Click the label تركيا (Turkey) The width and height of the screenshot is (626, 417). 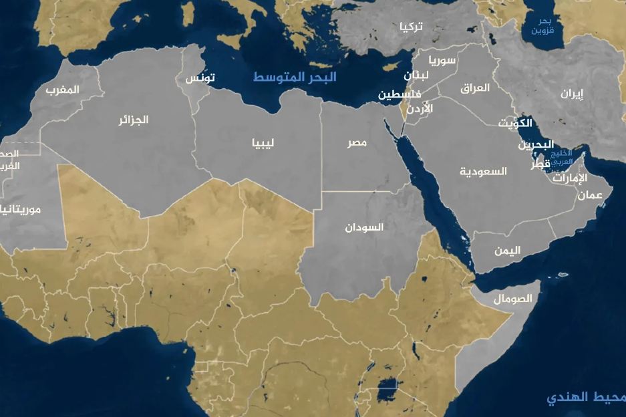coord(411,27)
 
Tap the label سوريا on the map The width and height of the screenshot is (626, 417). coord(442,61)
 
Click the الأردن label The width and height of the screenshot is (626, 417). coord(419,108)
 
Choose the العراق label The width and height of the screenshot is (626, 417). coord(475,88)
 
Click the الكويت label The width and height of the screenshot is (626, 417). coord(516,123)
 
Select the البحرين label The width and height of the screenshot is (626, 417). coord(536,144)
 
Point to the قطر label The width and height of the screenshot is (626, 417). coord(540,164)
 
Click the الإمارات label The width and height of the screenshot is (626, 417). coord(570,178)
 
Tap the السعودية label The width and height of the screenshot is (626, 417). coord(483,172)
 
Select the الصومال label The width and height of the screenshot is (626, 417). coord(513,299)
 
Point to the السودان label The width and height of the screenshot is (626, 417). coord(364,227)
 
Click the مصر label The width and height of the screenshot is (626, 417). coord(356,144)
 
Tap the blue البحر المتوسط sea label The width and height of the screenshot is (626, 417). coord(295,77)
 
